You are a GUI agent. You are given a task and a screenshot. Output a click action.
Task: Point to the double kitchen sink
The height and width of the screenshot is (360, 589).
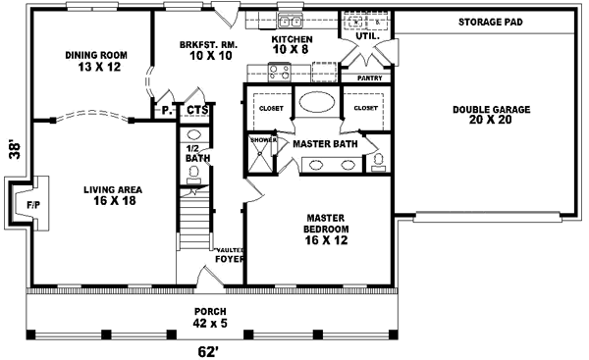pyautogui.click(x=291, y=21)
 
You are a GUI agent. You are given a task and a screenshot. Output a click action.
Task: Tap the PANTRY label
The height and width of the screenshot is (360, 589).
pyautogui.click(x=369, y=77)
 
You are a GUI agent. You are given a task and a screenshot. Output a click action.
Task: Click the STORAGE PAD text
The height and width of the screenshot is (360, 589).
pyautogui.click(x=489, y=22)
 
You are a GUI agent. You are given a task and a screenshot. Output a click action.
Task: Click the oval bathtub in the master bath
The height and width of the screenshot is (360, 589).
pyautogui.click(x=315, y=103)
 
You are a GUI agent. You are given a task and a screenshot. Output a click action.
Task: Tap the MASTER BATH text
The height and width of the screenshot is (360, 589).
pyautogui.click(x=326, y=144)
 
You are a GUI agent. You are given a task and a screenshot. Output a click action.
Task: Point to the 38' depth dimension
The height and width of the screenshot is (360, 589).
pyautogui.click(x=13, y=149)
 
